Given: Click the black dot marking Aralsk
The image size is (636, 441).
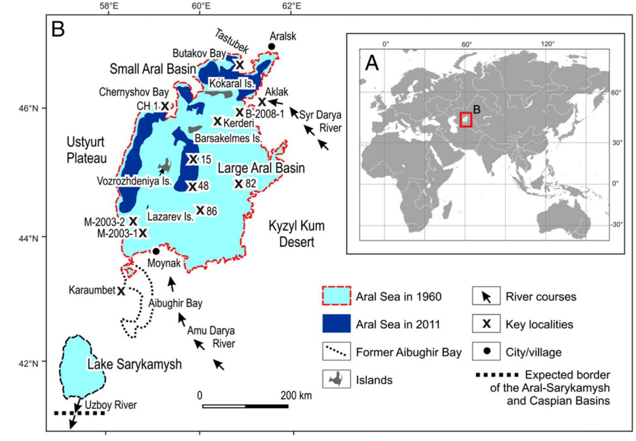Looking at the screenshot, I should pos(272,46).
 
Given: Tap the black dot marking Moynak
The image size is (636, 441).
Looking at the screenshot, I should pos(156,251).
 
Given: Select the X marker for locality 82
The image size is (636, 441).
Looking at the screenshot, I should pos(238,184).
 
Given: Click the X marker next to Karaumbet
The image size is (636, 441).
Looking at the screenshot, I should pos(121,291).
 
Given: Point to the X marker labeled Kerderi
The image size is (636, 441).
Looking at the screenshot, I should pos(217,121).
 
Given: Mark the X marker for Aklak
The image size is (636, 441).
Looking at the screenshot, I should pos(262,102).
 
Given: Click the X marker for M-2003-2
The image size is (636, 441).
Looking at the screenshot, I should pos(133,221).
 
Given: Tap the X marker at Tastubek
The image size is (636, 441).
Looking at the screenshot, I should pos(240,65).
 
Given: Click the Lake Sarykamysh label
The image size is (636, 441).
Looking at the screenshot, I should pos(134,364).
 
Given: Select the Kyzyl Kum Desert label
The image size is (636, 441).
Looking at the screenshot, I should pos(296,234).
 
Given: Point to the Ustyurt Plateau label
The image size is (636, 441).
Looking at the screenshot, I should pos(86,150).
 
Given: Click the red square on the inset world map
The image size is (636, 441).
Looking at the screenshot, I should pos(466,120).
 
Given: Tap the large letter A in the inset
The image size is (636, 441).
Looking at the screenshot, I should pos(372,63).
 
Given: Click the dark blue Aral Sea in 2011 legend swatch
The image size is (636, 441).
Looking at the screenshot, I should pos(336,324).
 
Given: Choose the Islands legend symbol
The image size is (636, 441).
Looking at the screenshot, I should pos(336,380).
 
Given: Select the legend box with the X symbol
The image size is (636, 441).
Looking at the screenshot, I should pos(486,324).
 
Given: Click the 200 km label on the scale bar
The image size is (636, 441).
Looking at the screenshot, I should pos(296,395).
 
